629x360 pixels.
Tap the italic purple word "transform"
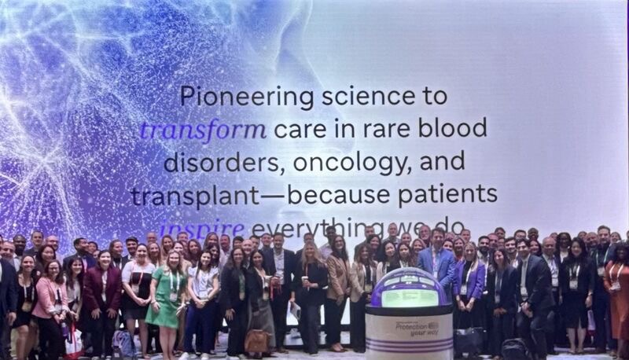tap(191, 128)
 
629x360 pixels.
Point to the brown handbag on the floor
tap(256, 340)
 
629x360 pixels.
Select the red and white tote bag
tap(73, 342)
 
